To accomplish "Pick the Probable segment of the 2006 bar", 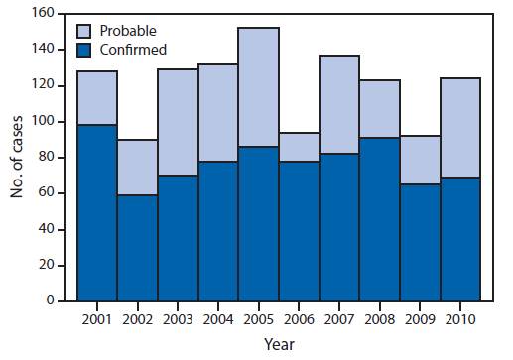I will (x=299, y=146).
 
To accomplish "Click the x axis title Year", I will (x=279, y=344).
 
